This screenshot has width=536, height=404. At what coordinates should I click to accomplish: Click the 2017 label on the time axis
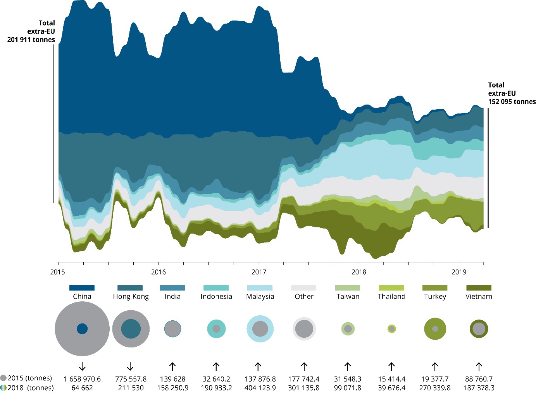(x=259, y=272)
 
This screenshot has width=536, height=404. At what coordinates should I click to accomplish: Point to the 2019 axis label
(x=459, y=272)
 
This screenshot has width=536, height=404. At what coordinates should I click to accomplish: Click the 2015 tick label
(x=58, y=272)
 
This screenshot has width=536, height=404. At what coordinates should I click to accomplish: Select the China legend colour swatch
(x=82, y=288)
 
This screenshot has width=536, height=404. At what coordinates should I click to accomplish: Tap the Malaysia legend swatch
(x=260, y=288)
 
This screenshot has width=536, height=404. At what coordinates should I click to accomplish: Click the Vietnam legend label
(x=479, y=296)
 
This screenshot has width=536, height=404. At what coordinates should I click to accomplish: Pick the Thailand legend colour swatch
(x=391, y=288)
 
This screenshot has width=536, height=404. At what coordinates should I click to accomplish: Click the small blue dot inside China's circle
(x=82, y=329)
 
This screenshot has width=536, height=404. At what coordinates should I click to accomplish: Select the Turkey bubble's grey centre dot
(x=435, y=329)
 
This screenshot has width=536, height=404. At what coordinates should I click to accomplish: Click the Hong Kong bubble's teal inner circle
(x=131, y=329)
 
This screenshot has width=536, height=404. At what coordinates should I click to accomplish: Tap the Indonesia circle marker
(x=216, y=329)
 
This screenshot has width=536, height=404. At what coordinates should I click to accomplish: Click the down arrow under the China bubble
(x=82, y=366)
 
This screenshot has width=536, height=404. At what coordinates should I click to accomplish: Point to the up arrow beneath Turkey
(x=435, y=366)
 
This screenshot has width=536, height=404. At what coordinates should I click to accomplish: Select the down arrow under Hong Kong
(x=130, y=366)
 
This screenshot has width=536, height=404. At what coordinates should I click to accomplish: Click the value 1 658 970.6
(x=82, y=379)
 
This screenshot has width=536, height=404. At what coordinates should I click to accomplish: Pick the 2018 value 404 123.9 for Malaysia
(x=260, y=388)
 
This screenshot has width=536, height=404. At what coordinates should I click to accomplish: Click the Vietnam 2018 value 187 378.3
(x=479, y=388)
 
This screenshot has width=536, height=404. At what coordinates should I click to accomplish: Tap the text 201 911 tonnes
(x=31, y=40)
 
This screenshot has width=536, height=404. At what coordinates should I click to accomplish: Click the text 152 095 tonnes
(x=512, y=101)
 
